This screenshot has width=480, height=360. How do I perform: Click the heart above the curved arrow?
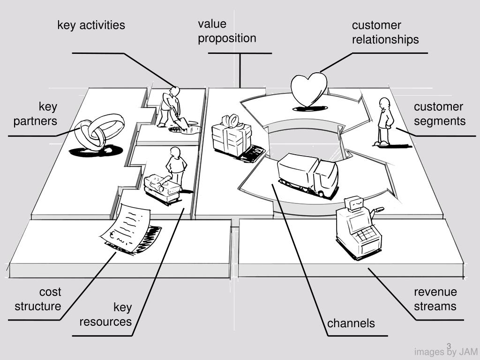[x=308, y=90]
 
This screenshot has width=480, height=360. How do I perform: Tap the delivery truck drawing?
[x=308, y=175]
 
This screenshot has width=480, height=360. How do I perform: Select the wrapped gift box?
[x=231, y=137]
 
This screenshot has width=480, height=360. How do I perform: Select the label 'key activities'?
[x=91, y=25]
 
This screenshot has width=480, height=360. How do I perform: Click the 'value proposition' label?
[x=227, y=31]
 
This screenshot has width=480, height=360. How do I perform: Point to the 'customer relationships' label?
[x=385, y=32]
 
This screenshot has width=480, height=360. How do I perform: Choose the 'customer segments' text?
[x=439, y=114]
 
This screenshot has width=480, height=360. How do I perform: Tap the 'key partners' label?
[x=36, y=114]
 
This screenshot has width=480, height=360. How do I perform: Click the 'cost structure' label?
[x=38, y=299]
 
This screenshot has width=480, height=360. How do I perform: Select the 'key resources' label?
[x=105, y=315]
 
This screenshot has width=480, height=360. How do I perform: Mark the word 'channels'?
[x=351, y=323]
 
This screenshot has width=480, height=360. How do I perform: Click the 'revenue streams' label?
[x=435, y=299]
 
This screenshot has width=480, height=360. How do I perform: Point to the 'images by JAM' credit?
[x=445, y=352]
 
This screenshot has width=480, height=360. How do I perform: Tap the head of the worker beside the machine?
[x=176, y=152]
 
